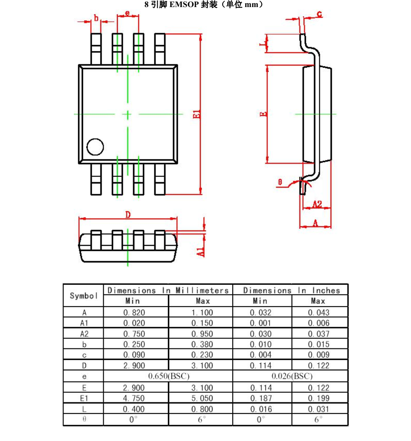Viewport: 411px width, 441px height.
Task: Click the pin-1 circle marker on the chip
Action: (x=95, y=147)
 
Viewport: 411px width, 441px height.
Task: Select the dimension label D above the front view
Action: (x=128, y=214)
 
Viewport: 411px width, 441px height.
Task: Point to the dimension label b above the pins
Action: (x=96, y=18)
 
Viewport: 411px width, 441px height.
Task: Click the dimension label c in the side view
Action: (x=319, y=14)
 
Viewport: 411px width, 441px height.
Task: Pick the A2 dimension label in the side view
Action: (x=317, y=204)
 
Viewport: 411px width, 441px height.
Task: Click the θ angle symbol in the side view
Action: (x=280, y=182)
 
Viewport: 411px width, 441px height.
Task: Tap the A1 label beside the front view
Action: (x=200, y=251)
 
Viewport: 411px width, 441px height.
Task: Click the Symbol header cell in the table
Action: (x=83, y=296)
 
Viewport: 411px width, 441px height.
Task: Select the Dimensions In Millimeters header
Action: (x=168, y=290)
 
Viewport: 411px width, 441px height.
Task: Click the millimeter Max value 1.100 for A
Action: (x=201, y=313)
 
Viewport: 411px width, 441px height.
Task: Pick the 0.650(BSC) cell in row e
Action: (x=168, y=376)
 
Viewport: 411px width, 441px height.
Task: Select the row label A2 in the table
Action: (x=84, y=334)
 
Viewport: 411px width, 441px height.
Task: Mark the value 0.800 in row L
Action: (x=201, y=409)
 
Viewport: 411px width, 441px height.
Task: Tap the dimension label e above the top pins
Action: (x=127, y=13)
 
